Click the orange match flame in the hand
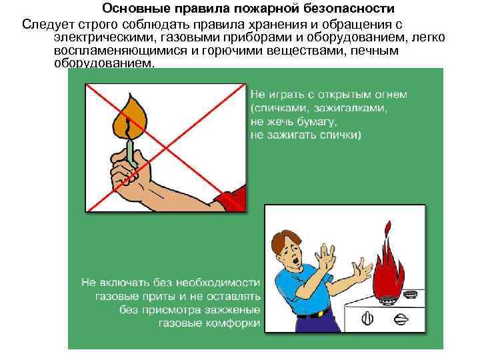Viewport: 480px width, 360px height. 131,117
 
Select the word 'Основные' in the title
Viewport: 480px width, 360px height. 130,9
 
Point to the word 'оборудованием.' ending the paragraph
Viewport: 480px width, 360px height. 104,63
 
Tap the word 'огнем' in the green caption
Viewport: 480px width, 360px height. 390,94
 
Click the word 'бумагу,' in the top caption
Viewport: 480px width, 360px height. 315,121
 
